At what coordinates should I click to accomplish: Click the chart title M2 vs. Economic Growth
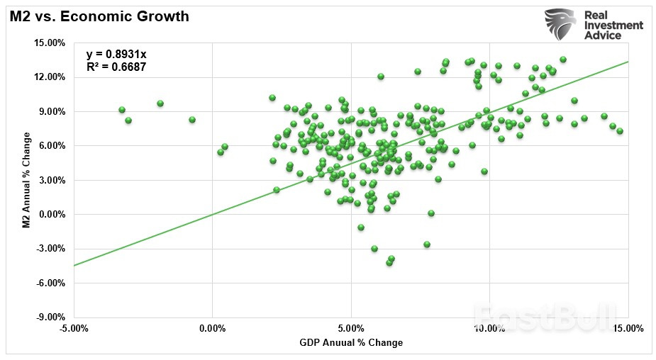99,16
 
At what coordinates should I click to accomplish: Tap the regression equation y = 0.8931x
116,55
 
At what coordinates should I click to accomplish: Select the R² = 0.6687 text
116,68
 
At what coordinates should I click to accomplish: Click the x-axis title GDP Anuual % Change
351,343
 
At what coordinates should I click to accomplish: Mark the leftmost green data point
122,110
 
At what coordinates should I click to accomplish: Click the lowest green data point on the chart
389,263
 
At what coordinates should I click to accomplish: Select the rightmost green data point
620,131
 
